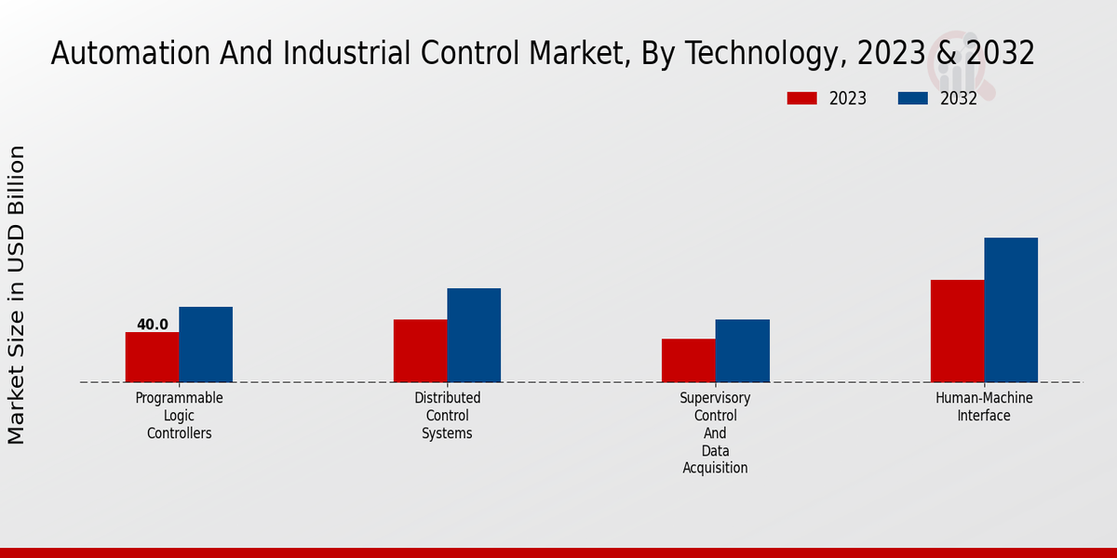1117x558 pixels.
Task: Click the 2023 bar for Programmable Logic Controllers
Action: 152,357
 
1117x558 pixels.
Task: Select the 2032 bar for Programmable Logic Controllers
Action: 206,344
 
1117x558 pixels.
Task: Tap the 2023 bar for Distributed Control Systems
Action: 420,351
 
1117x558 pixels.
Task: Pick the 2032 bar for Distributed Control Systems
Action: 474,335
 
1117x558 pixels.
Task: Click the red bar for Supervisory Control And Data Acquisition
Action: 689,360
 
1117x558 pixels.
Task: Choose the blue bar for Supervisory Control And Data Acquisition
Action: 743,351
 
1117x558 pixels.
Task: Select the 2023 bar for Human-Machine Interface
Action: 957,330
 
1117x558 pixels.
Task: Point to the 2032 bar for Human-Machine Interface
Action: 1011,310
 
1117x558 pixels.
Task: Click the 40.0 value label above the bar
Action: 153,325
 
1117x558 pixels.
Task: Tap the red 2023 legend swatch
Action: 801,99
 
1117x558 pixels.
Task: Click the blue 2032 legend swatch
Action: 913,99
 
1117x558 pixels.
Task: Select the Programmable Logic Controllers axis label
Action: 179,416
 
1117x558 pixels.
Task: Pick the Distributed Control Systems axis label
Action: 447,416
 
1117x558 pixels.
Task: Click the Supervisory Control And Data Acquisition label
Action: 715,432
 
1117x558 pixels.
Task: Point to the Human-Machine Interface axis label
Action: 984,406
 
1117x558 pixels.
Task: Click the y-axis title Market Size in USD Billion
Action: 17,295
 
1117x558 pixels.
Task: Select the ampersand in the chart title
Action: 945,54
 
